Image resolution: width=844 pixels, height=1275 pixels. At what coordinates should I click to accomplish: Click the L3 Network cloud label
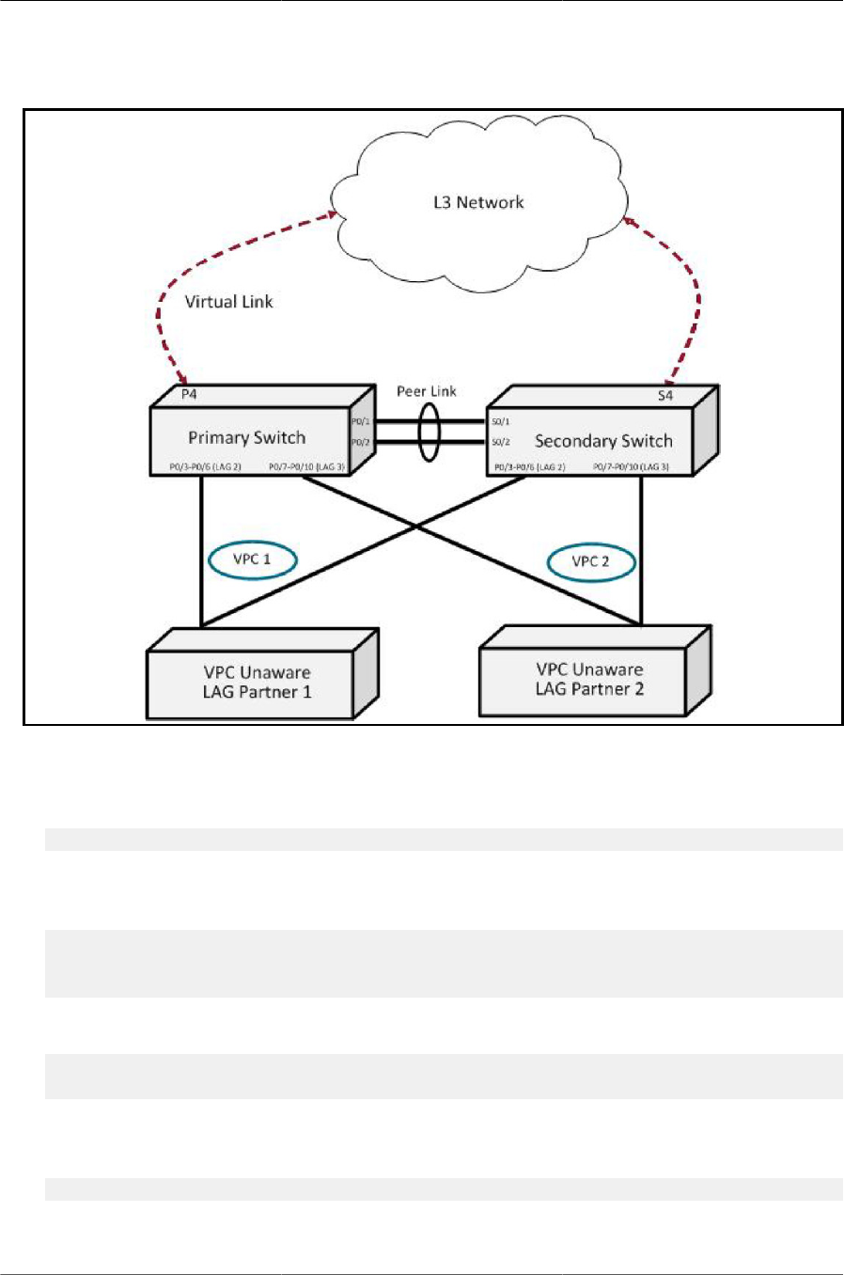[x=478, y=202]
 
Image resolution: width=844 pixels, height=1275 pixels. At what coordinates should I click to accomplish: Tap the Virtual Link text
[x=228, y=302]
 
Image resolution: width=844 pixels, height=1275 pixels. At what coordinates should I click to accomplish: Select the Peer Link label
[x=426, y=391]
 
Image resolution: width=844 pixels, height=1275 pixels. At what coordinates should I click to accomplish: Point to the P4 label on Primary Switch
[x=189, y=394]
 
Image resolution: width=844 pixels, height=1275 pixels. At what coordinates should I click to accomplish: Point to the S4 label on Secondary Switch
[x=665, y=395]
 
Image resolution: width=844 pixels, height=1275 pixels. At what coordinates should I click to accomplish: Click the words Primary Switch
[x=246, y=437]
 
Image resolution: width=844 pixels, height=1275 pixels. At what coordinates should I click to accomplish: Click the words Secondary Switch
[x=603, y=441]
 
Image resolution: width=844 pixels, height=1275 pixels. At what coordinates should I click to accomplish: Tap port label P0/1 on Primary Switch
[x=361, y=422]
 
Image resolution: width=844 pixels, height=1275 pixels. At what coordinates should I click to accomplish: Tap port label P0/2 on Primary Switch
[x=361, y=442]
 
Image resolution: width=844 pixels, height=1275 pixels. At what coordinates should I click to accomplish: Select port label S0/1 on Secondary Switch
[x=500, y=422]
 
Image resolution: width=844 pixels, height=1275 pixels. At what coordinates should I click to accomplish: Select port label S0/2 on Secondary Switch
[x=500, y=442]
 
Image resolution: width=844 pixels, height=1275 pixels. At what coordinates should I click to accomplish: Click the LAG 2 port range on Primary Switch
[x=205, y=466]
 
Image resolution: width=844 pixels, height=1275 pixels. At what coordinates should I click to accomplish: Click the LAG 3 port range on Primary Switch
[x=306, y=466]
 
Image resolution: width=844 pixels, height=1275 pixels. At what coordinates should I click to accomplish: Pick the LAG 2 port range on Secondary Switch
[x=530, y=467]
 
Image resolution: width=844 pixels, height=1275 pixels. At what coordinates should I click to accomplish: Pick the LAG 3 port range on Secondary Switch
[x=631, y=467]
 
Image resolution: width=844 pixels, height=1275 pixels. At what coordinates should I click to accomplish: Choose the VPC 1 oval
[x=252, y=559]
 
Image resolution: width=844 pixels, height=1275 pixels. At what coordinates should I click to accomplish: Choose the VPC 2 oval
[x=591, y=561]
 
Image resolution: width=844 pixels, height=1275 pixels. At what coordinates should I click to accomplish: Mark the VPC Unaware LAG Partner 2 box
[x=589, y=680]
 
